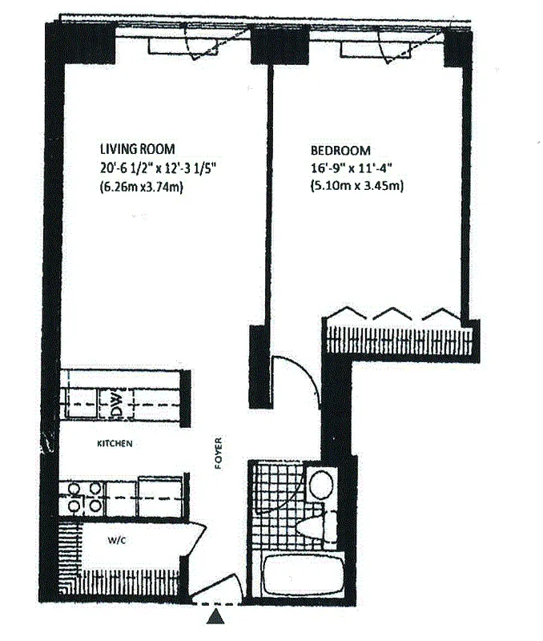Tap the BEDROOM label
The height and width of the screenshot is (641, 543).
[x=340, y=151]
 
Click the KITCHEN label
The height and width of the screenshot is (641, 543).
[x=115, y=443]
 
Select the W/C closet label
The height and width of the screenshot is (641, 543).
[x=118, y=541]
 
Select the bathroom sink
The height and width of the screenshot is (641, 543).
[x=322, y=485]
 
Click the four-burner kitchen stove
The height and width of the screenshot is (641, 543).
[x=83, y=496]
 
